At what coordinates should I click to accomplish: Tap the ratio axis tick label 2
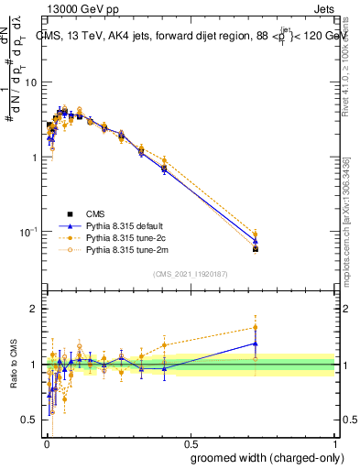coord(37,309)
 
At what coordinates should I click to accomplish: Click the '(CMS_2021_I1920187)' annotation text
coord(191,273)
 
